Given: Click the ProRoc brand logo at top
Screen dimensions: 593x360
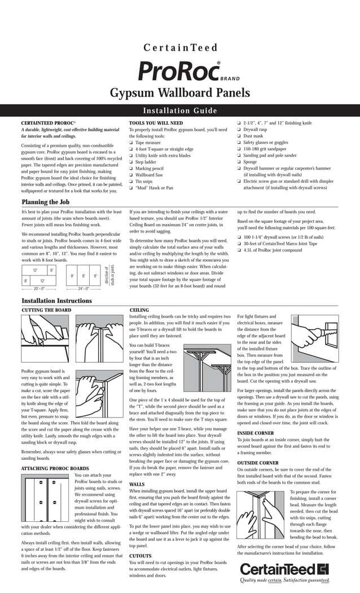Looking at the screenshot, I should click(x=179, y=72).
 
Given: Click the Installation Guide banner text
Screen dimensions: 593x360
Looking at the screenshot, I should click(x=180, y=111).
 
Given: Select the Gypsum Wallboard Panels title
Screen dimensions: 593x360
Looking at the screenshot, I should click(x=179, y=93).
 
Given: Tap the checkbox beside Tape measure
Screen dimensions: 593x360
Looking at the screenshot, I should click(x=131, y=143).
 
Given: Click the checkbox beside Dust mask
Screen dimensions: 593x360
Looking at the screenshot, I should click(x=239, y=136).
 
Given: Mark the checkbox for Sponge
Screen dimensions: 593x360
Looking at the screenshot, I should click(x=239, y=162).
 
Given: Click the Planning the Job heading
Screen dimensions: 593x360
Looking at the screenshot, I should click(x=45, y=202).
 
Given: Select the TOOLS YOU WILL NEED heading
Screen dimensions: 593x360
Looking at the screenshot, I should click(x=156, y=123).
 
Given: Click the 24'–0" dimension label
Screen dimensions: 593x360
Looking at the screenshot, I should click(x=84, y=288).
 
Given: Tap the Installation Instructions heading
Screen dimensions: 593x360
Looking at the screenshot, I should click(x=56, y=301).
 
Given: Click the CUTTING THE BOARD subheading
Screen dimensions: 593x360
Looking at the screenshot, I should click(x=46, y=310).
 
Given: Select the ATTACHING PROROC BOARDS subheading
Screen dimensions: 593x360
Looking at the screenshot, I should click(x=55, y=468).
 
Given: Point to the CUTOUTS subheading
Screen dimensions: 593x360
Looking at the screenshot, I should click(x=141, y=556).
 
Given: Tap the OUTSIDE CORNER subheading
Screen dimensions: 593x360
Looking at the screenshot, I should click(x=258, y=463).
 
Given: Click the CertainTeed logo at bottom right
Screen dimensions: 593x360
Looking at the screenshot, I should click(x=284, y=568).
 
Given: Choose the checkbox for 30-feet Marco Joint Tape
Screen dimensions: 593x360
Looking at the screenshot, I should click(x=239, y=243).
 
